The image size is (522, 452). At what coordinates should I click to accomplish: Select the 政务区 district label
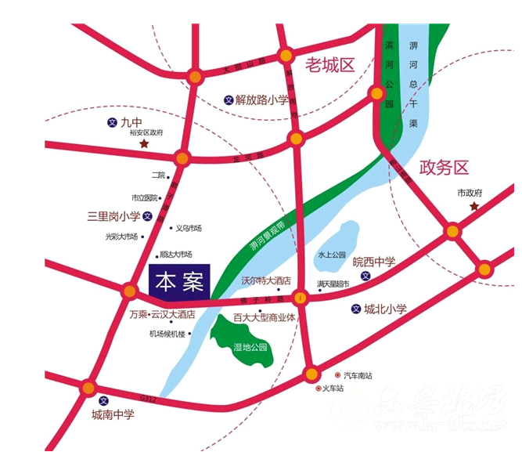pos(444,168)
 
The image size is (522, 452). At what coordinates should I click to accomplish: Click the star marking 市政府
pos(474,206)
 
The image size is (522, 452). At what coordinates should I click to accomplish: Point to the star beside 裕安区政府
pos(143,145)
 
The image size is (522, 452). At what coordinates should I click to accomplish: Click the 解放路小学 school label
pos(261,100)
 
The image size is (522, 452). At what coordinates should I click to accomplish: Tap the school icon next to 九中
pos(111,123)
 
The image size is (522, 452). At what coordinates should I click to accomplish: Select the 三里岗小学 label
pos(113,216)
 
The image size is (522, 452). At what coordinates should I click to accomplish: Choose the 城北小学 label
pos(385,309)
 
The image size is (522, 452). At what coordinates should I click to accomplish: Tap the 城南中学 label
pos(113,414)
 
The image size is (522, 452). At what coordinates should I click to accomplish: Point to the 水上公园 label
pos(331,255)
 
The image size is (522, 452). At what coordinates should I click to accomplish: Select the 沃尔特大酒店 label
pos(265,280)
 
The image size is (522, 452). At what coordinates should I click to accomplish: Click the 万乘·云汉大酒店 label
pos(161,315)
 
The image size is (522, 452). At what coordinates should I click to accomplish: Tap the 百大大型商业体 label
pos(264,318)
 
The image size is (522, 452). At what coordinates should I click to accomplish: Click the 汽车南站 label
pos(359,375)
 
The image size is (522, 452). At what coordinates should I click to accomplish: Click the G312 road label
pos(149,399)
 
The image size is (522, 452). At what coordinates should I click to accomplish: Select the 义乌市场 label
pos(189,229)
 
